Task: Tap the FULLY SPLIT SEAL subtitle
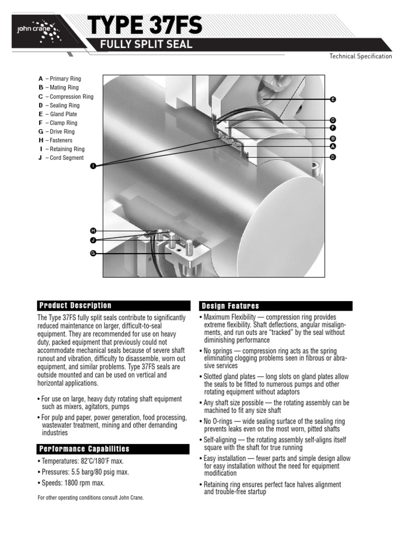pos(147,45)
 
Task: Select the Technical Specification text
pos(361,56)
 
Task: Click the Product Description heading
pos(75,306)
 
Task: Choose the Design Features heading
pos(229,306)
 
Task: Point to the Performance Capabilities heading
pos(84,449)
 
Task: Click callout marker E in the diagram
pos(333,99)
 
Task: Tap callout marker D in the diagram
pos(333,157)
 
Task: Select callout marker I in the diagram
pos(93,166)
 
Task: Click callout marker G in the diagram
pos(93,253)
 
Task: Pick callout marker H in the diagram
pos(93,231)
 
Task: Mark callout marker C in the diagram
pos(333,120)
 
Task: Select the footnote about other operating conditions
pos(90,498)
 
